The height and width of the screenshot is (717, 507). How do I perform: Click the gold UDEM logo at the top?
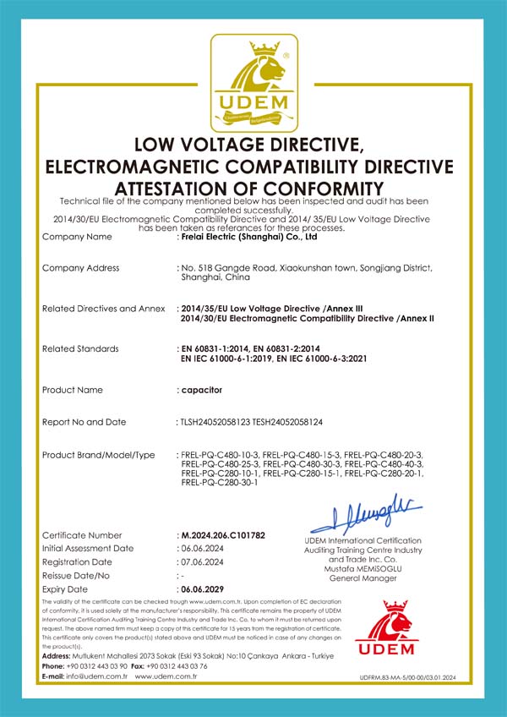253,83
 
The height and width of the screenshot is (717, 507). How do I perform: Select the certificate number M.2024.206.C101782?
223,535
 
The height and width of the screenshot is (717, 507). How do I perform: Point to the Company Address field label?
80,268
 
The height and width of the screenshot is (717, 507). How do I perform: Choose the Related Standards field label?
80,348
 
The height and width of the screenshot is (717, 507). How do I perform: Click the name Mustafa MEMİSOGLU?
362,568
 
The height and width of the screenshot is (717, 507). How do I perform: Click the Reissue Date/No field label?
77,575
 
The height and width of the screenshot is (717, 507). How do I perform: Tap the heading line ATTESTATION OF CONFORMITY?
249,188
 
